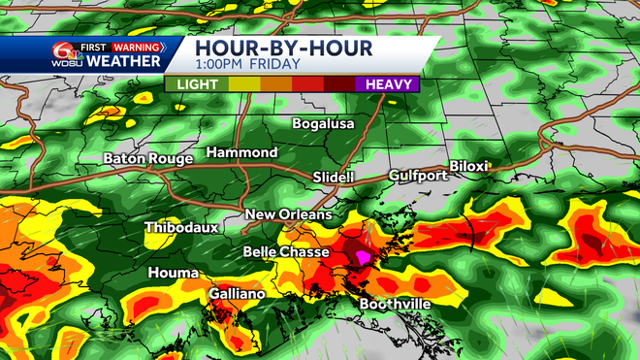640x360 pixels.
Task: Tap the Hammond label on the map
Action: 241,153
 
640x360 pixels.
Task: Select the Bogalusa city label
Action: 325,124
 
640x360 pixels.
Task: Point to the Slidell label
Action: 334,178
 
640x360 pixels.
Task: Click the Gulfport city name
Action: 418,176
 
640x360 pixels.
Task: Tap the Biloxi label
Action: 468,166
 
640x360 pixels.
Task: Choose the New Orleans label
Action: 288,214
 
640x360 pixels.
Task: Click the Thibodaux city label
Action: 181,228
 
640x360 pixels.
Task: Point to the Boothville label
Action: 395,304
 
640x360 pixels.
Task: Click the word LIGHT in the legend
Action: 196,84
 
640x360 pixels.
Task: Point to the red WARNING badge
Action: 136,45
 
